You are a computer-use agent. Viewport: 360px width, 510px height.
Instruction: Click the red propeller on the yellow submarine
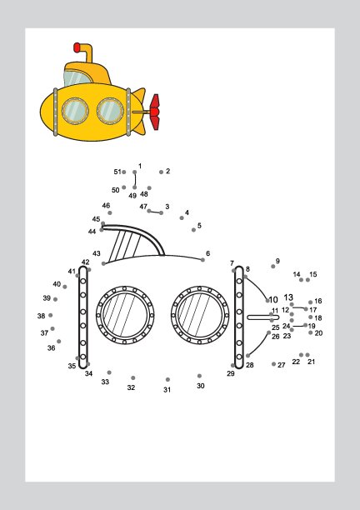154,112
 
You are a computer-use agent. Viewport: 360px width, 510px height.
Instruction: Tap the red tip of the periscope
77,47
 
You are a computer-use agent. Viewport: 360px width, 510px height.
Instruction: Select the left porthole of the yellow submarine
75,111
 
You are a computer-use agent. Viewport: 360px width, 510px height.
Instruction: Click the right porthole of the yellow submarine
110,111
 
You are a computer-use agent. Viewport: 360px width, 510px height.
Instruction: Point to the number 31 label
167,390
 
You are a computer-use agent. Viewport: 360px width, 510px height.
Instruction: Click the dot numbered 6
203,260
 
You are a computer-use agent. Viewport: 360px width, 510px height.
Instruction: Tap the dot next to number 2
162,172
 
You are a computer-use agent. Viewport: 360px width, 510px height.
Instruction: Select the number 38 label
41,316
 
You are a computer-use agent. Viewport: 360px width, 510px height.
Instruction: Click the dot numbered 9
273,267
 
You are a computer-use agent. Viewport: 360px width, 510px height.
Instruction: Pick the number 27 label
282,365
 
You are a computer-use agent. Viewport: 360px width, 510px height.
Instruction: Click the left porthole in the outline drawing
125,315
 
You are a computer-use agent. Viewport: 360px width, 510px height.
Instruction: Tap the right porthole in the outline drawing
200,315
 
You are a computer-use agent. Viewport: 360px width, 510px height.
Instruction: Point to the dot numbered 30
199,376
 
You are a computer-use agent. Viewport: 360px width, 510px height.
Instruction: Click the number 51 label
117,172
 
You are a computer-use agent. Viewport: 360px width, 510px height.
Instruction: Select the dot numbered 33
109,372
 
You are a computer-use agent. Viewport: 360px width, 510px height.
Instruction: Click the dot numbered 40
65,287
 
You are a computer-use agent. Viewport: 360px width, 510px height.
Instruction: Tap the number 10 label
273,299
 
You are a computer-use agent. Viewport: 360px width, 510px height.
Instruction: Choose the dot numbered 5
194,230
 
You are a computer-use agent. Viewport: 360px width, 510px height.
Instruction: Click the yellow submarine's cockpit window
76,78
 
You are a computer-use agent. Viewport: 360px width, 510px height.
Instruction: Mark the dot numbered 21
307,355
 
